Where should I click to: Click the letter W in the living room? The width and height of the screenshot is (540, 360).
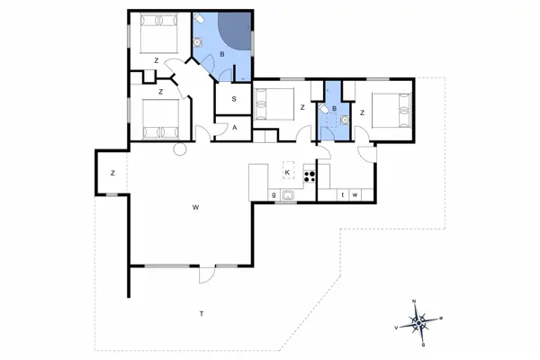point(195,207)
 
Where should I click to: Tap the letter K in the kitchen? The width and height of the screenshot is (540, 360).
point(287,173)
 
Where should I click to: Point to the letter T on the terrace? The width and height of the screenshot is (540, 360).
point(202,313)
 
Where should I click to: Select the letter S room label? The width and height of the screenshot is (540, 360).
point(234,99)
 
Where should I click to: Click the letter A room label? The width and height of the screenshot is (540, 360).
point(235,128)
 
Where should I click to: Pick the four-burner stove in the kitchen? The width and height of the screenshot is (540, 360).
point(310,176)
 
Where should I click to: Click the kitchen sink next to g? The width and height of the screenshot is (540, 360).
point(287,195)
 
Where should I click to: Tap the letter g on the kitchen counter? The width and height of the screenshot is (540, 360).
point(274,194)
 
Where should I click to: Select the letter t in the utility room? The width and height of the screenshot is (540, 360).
point(343,194)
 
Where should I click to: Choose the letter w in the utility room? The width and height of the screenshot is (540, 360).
point(355,195)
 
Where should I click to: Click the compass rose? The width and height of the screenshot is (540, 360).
point(418,323)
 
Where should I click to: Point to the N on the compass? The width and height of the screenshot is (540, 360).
point(414,301)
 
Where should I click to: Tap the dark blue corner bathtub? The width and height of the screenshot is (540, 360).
point(235,31)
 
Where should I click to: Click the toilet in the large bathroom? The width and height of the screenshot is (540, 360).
point(199,18)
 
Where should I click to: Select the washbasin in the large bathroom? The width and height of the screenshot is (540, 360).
point(197,42)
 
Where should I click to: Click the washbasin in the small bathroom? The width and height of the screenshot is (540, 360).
point(345,120)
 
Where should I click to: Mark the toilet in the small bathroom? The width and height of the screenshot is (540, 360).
point(324,109)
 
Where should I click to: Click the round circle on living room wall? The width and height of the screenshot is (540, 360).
point(179,149)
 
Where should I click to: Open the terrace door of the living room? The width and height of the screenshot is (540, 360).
point(207,274)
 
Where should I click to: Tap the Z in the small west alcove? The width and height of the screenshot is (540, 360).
point(113,173)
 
